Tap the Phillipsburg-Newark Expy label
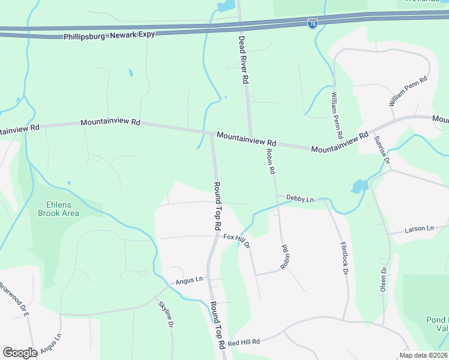pos(109,35)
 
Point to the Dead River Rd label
pos(243,59)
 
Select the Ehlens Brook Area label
pos(58,208)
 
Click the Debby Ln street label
pos(300,197)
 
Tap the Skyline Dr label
pos(165,314)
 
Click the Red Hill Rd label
pos(243,341)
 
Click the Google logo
pos(20,353)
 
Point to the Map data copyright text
pos(423,355)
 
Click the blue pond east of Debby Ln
pos(359,187)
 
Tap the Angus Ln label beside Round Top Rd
pos(190,280)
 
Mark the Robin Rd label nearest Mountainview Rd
pos(270,161)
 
